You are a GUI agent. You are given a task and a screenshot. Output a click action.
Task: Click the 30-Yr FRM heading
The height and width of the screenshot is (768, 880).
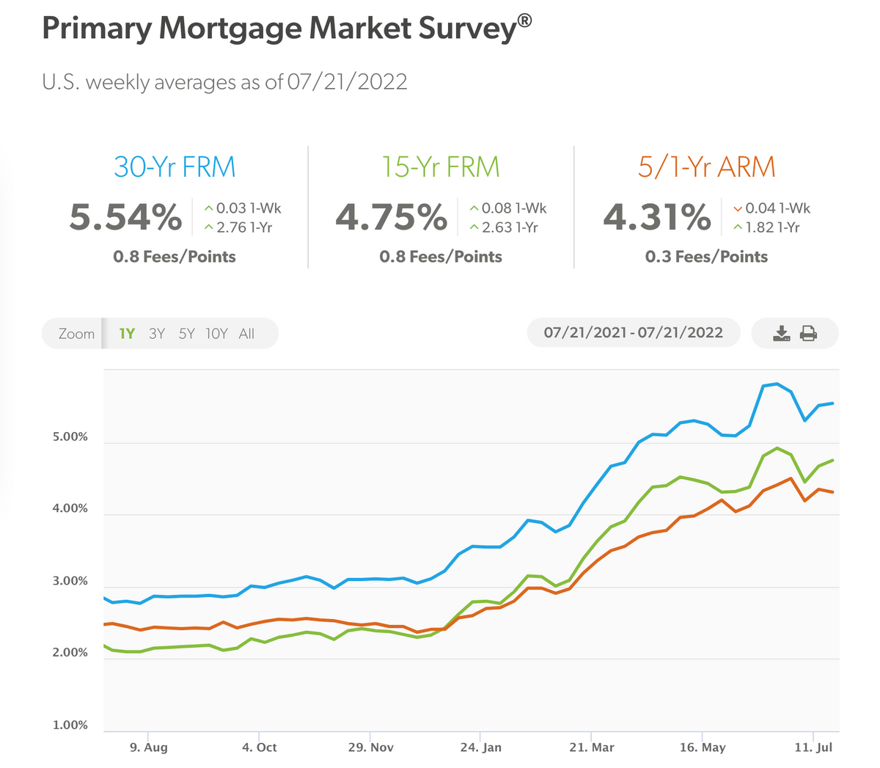[x=175, y=167]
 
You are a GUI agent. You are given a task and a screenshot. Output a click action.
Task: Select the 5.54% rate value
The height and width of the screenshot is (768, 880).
[x=125, y=217]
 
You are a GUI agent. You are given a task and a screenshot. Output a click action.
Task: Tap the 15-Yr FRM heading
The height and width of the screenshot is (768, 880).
[x=441, y=167]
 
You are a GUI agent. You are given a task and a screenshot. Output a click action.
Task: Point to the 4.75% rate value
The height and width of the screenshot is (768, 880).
[x=391, y=217]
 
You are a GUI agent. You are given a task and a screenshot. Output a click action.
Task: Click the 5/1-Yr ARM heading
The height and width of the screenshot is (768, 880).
[x=706, y=167]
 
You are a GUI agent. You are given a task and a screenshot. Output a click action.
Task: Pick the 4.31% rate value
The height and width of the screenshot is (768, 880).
[x=657, y=217]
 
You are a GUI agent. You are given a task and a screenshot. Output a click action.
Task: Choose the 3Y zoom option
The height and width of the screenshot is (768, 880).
[x=156, y=334]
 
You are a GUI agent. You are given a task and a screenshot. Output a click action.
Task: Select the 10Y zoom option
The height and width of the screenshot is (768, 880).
[x=216, y=334]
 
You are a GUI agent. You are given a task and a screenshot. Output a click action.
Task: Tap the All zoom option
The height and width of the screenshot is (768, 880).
[x=246, y=334]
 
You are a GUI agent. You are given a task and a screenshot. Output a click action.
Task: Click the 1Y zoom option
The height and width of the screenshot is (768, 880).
[x=127, y=334]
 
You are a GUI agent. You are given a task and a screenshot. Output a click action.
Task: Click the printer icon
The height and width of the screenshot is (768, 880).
[x=808, y=334]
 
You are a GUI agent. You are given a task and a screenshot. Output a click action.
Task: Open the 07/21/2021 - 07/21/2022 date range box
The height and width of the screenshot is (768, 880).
[x=633, y=333]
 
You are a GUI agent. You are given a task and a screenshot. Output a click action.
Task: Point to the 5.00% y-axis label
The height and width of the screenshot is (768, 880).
[x=70, y=437]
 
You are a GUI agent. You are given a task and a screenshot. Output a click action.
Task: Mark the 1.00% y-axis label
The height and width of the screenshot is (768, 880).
[x=70, y=725]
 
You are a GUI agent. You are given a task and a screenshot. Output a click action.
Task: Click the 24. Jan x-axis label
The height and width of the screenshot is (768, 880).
[x=480, y=747]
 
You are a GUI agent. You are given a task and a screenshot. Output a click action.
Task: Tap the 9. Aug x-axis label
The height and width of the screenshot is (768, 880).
[x=148, y=747]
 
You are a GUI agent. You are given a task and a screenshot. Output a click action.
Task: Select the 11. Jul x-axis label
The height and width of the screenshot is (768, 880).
[x=813, y=747]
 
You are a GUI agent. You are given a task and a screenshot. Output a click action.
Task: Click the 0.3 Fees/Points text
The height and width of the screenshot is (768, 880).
[x=706, y=257]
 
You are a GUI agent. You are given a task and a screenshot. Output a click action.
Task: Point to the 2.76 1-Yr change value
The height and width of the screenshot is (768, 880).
[x=243, y=228]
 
